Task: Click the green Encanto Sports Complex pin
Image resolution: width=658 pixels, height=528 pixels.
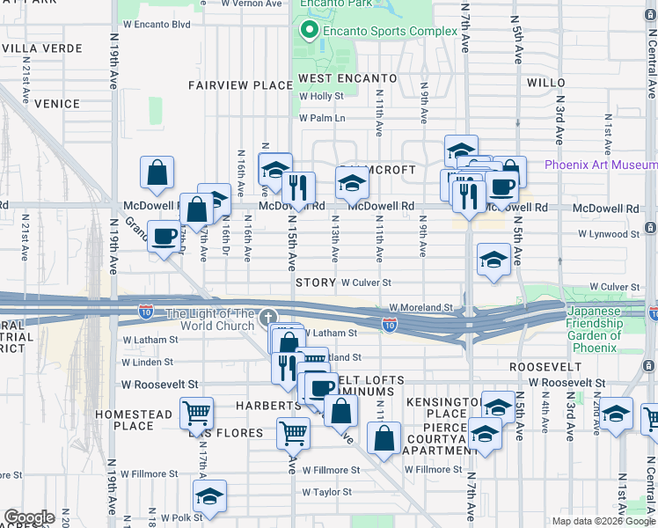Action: click(x=309, y=32)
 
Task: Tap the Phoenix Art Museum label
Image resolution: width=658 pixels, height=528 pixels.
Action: click(x=600, y=165)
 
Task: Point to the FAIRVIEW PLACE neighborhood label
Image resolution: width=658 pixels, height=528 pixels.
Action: click(x=240, y=85)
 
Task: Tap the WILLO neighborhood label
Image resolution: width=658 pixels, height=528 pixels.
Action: click(x=551, y=82)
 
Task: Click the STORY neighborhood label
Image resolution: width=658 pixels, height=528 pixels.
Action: click(x=316, y=282)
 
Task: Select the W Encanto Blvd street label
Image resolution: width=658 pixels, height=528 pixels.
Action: click(x=157, y=25)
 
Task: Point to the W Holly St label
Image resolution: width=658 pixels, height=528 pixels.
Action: click(x=321, y=97)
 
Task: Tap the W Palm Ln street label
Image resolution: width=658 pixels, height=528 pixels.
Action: click(x=322, y=118)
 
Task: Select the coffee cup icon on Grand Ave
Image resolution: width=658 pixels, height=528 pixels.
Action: click(x=164, y=236)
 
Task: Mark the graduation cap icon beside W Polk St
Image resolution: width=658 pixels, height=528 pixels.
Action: click(x=209, y=495)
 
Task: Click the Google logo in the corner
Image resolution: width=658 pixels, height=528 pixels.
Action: click(x=29, y=517)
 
